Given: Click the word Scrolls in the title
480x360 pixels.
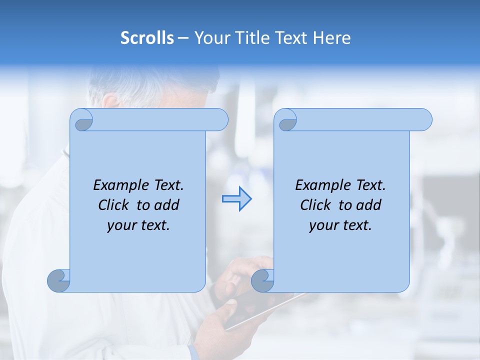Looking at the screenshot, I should [147, 38].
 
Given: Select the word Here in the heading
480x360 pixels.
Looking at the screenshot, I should [332, 38].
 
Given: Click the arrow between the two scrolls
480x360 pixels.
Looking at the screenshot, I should [236, 199].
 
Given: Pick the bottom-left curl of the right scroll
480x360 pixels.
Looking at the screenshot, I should [262, 280].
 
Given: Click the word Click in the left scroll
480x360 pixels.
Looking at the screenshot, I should [115, 205].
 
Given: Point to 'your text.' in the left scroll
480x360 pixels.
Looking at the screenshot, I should [138, 225].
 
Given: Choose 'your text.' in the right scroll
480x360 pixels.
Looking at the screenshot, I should [340, 225].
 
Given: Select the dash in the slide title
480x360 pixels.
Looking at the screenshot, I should [183, 38].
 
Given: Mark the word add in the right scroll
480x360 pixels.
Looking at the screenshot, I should [369, 205].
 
